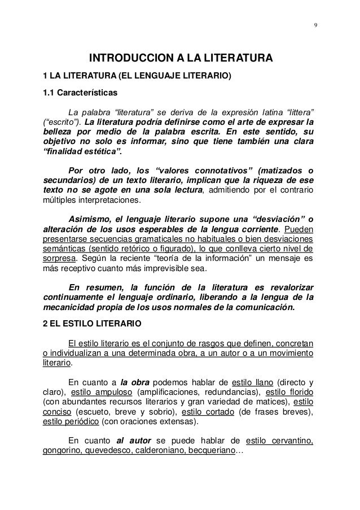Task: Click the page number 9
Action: [315, 24]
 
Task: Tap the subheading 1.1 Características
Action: [81, 92]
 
